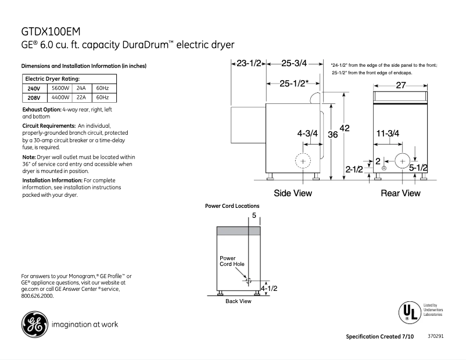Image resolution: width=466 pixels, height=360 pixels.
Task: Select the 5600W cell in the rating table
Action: point(60,88)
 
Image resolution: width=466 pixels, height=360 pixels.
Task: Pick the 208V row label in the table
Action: point(34,98)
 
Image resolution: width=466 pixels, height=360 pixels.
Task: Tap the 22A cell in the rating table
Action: point(81,98)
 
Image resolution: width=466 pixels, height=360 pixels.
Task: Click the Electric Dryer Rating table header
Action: point(52,78)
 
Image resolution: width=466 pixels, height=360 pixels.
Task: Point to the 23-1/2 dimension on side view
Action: point(250,63)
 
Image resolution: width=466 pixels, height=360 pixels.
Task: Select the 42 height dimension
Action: point(344,128)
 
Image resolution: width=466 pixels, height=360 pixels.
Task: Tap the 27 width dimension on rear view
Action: point(401,85)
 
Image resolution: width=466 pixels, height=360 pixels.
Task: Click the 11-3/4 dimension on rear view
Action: point(387,134)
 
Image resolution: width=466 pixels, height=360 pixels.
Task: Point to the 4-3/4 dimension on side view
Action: point(307,134)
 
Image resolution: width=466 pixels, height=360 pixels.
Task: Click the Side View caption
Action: point(293,193)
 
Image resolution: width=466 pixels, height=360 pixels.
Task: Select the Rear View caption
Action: point(400,193)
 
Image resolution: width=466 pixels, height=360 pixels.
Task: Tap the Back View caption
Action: point(238,301)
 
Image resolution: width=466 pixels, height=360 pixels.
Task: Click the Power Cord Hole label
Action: point(232,261)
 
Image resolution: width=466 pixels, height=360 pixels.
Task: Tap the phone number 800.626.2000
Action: point(37,296)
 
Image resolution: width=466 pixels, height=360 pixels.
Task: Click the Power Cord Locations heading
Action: point(232,206)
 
